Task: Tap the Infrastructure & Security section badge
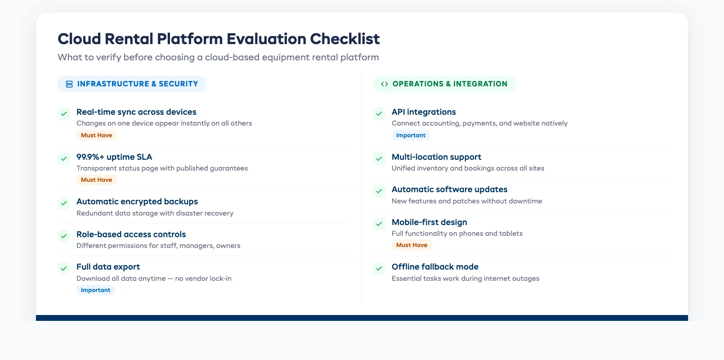pos(132,84)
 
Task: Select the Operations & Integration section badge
pos(444,84)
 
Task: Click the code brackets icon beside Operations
pos(384,84)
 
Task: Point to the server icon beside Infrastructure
pos(69,84)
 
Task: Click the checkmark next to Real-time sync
pos(64,113)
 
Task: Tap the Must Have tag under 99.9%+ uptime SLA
pos(96,180)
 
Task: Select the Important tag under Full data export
pos(95,290)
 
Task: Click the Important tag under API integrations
pos(411,135)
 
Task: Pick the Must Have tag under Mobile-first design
pos(411,245)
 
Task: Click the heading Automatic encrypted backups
pos(137,202)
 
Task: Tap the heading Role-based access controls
pos(131,234)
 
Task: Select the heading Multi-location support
pos(436,157)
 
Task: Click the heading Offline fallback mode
pos(435,267)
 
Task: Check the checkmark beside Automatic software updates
pos(379,191)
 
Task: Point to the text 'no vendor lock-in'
pos(203,279)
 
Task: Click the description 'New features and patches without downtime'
pos(466,201)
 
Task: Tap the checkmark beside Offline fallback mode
pos(379,269)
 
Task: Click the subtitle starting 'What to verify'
pos(218,58)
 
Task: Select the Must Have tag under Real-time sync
pos(96,135)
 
